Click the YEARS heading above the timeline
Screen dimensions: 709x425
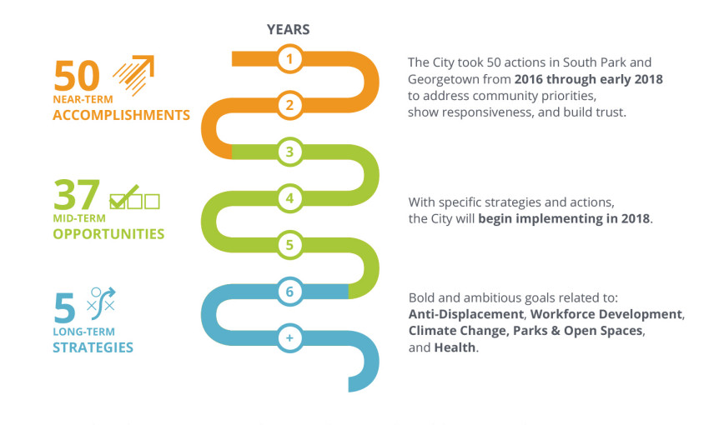click(288, 30)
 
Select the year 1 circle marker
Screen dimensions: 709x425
click(289, 58)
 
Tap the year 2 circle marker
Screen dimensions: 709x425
click(289, 105)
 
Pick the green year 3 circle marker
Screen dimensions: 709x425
click(289, 152)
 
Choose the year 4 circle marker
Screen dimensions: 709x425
click(289, 198)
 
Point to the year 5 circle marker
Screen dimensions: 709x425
click(289, 245)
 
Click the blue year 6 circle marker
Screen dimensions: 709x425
click(289, 292)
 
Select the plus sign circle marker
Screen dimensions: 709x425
click(289, 337)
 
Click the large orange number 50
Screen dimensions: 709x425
click(77, 76)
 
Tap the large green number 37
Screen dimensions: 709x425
click(77, 194)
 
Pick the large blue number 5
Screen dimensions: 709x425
click(64, 307)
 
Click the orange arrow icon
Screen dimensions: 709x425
click(133, 75)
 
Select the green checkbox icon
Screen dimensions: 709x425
click(135, 197)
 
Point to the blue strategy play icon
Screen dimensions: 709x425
click(101, 300)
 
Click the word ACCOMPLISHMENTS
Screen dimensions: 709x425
click(121, 115)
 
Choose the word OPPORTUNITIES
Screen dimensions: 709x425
click(108, 234)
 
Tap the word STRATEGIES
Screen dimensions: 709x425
click(93, 347)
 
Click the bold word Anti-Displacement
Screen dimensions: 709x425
click(466, 314)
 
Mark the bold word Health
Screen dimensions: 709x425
click(455, 347)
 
